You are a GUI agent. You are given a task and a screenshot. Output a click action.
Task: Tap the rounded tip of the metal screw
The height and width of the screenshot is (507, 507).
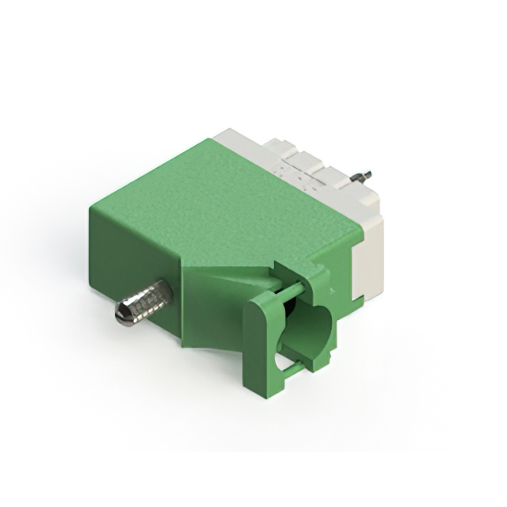click(x=123, y=315)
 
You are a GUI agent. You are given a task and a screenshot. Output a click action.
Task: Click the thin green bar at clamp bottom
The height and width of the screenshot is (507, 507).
click(x=305, y=369)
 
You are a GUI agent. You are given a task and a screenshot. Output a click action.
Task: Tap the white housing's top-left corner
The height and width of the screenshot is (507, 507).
click(x=226, y=135)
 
